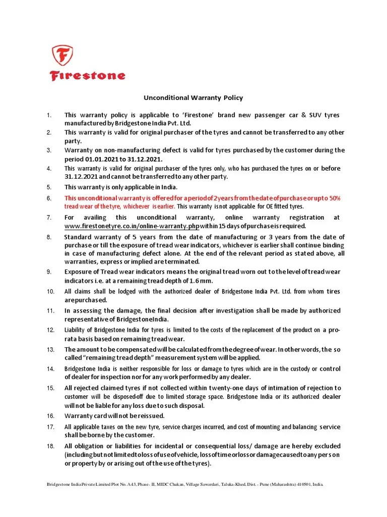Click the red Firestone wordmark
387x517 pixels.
(87, 76)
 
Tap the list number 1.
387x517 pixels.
(49, 116)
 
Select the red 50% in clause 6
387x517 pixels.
(335, 198)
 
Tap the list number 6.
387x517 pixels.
(49, 198)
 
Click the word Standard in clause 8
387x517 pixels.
(80, 237)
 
